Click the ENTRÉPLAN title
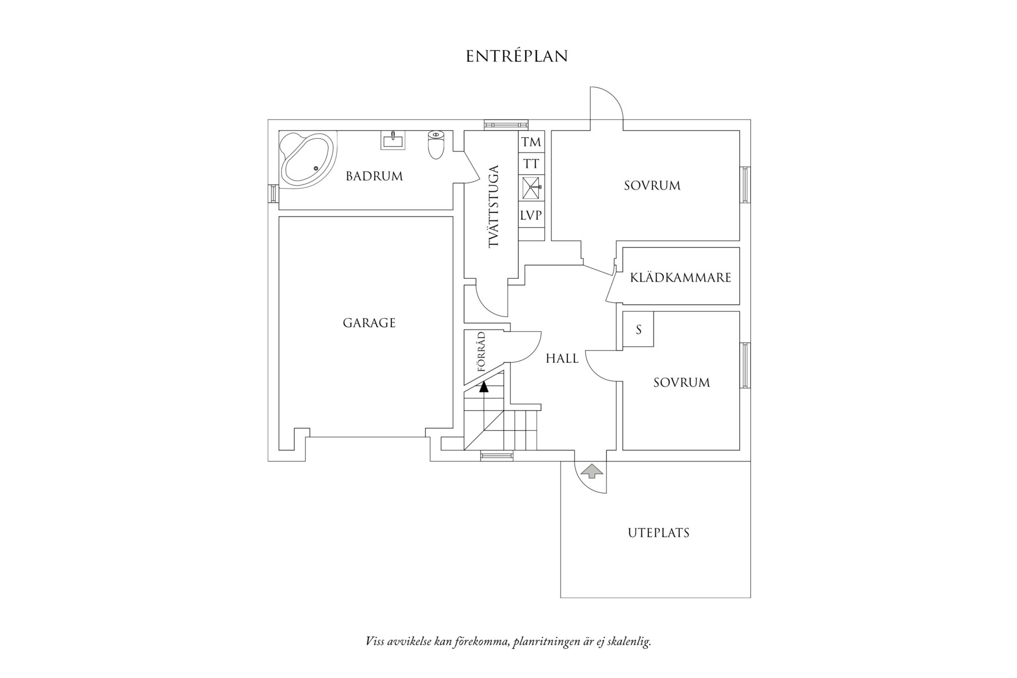click(x=516, y=57)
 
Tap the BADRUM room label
click(x=374, y=176)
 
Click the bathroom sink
click(x=393, y=140)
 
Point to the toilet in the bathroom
click(x=436, y=144)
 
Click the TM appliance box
click(x=531, y=142)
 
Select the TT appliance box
click(x=531, y=165)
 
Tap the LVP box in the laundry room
click(x=531, y=216)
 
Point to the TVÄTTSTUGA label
click(x=494, y=206)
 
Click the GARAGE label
click(x=369, y=323)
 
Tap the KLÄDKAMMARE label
click(x=680, y=278)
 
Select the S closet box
click(x=639, y=330)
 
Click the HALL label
click(x=562, y=359)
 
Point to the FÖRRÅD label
click(x=481, y=352)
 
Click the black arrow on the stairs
click(x=485, y=387)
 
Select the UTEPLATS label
click(x=659, y=533)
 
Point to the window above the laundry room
click(x=506, y=124)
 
